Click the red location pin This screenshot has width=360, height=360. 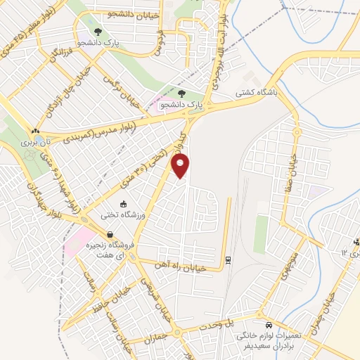[x=181, y=166]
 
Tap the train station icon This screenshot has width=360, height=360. [x=229, y=259]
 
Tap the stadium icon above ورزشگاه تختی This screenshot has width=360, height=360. [x=124, y=204]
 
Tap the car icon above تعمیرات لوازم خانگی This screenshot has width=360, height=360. [x=269, y=326]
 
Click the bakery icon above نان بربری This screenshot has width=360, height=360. [x=34, y=131]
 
